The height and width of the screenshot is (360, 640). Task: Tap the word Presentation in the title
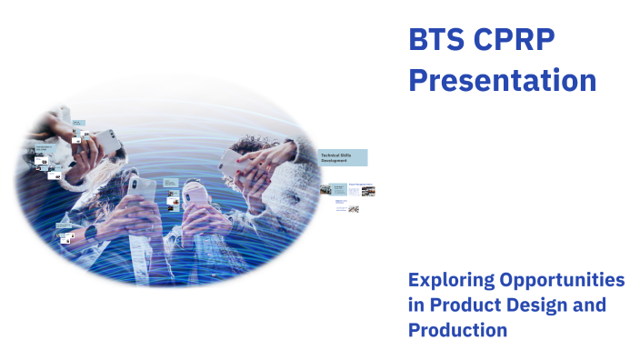[x=502, y=80]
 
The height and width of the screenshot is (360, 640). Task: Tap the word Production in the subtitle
[x=457, y=330]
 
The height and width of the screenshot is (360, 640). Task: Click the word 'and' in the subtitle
[x=590, y=305]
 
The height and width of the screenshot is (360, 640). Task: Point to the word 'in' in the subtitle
[x=416, y=305]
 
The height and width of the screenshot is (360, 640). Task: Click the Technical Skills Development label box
[x=342, y=157]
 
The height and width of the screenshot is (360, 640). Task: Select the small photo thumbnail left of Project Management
[x=325, y=189]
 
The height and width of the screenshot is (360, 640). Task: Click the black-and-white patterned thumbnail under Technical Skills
[x=354, y=209]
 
